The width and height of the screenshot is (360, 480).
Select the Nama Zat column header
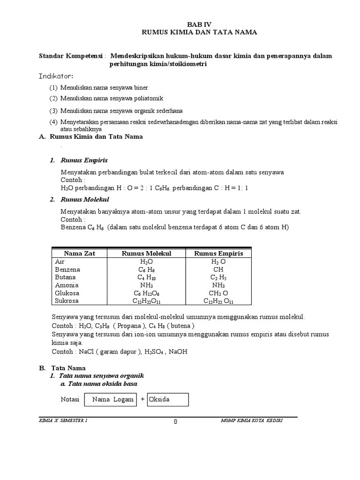(x=79, y=254)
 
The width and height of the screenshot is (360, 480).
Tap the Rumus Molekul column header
(x=146, y=254)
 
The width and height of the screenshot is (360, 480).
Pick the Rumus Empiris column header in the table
(x=218, y=254)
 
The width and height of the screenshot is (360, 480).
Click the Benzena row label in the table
(x=67, y=270)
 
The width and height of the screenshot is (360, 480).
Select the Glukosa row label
(x=67, y=293)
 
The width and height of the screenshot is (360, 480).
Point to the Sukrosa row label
(x=67, y=301)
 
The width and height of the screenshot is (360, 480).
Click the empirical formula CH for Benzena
(x=218, y=270)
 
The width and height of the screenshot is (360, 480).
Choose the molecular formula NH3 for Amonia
(x=146, y=285)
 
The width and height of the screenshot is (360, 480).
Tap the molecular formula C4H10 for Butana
(x=146, y=277)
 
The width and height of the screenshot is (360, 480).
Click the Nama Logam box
(x=113, y=399)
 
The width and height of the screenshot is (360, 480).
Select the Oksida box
(x=167, y=399)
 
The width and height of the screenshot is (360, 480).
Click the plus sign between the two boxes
(x=142, y=399)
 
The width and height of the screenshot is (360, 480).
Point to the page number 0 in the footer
(x=175, y=421)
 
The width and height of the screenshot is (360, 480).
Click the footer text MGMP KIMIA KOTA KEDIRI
(x=251, y=420)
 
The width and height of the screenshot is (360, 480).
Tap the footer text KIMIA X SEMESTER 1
(x=63, y=420)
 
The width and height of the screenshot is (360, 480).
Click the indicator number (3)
(x=53, y=111)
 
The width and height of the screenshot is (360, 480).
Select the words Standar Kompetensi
(x=71, y=56)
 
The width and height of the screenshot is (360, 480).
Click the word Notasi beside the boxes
(x=70, y=399)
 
